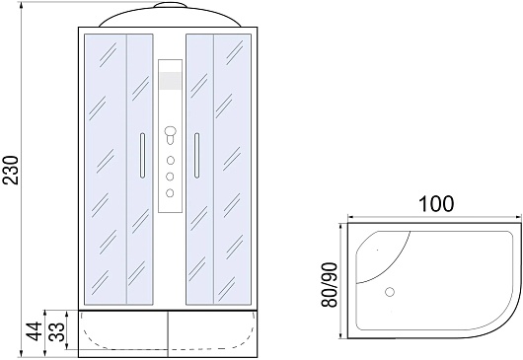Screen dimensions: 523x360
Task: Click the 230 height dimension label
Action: [x=11, y=170]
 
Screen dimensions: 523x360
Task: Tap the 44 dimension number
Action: [x=35, y=331]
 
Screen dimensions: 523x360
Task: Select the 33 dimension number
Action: [x=56, y=331]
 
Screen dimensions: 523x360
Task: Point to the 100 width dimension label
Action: [x=436, y=203]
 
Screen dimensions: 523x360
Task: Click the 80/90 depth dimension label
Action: [x=330, y=285]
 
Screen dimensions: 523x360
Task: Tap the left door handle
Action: [x=142, y=155]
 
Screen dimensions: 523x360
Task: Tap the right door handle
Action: [x=196, y=155]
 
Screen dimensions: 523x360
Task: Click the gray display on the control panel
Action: [x=171, y=81]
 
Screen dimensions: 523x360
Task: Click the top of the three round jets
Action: [x=170, y=161]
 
